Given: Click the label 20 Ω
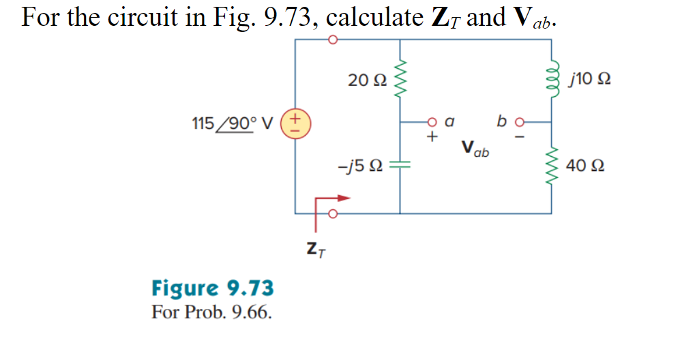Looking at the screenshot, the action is coord(366,80).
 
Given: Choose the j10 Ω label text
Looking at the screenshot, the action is coord(589,80).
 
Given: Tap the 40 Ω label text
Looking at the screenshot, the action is coord(586,166).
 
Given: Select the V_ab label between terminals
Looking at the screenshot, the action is coord(475,148).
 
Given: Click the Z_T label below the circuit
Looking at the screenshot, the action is coord(316,252).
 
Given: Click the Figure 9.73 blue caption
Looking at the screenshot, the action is coord(212,288).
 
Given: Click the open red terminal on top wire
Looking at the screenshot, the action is coord(332,40).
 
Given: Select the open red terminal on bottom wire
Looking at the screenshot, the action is coord(332,213).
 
